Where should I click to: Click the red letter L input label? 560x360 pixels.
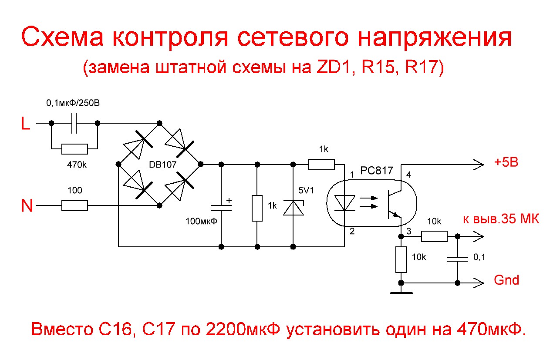point(26,124)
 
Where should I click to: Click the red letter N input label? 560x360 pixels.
point(27,205)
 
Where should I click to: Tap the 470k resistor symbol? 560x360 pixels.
point(74,149)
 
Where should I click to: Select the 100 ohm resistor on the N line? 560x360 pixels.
point(74,205)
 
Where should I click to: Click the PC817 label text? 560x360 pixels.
point(377,171)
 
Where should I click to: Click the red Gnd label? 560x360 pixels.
point(506,280)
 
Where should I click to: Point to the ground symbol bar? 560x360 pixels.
point(401,293)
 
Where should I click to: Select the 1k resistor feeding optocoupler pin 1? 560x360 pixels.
point(322,164)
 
